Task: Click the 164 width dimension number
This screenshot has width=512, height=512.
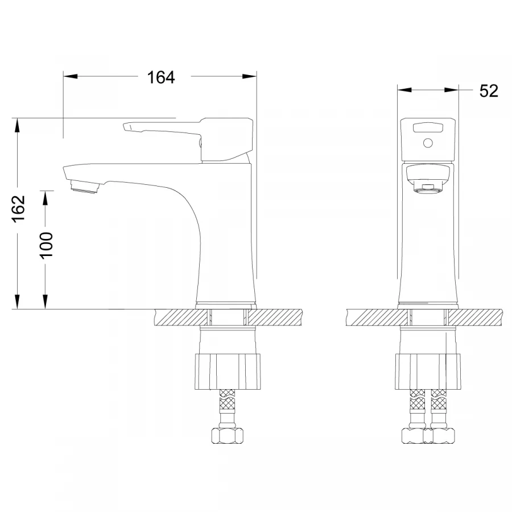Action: (161, 77)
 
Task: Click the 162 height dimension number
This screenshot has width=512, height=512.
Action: (19, 208)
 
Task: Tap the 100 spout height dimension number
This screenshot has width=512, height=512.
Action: (47, 245)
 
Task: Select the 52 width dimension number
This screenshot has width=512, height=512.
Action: (489, 91)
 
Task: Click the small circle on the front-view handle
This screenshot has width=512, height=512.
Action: (428, 143)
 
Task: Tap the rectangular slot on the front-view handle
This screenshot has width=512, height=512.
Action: (428, 127)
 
